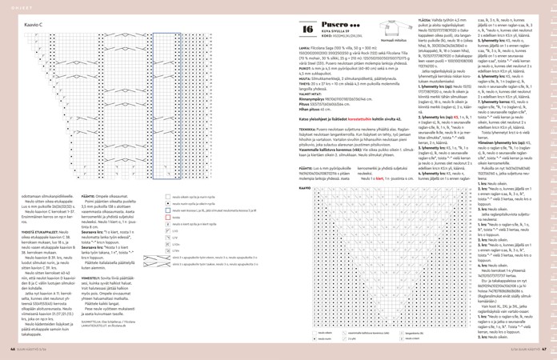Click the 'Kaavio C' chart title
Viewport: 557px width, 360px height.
click(x=34, y=26)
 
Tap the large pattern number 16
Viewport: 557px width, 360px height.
click(x=308, y=30)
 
